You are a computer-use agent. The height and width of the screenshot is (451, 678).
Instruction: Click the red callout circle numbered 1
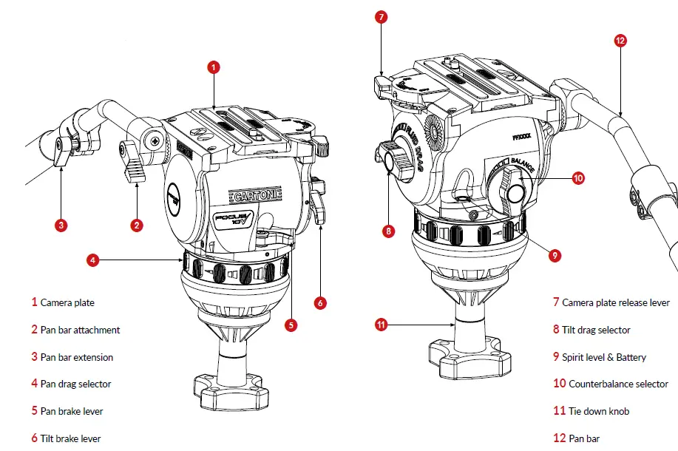coord(213,67)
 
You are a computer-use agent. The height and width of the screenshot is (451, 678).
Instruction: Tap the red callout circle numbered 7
coord(381,16)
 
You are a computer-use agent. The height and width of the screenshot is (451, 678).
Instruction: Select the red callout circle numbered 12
coord(620,41)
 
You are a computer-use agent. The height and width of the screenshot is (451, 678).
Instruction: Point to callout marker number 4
coord(92,260)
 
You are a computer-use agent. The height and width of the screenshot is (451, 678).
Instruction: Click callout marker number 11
coord(382,324)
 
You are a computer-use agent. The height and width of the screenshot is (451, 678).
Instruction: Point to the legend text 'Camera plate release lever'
coord(616,302)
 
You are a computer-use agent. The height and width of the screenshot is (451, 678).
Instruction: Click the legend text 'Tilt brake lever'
coord(70,438)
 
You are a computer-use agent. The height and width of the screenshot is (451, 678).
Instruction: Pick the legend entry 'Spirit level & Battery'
coord(603,357)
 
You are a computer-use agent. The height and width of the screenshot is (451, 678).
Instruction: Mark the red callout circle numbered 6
coord(320,302)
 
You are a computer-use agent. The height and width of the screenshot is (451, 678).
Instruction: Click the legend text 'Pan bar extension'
coord(77,357)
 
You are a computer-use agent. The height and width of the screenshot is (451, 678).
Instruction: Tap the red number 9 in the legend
coord(556,357)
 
